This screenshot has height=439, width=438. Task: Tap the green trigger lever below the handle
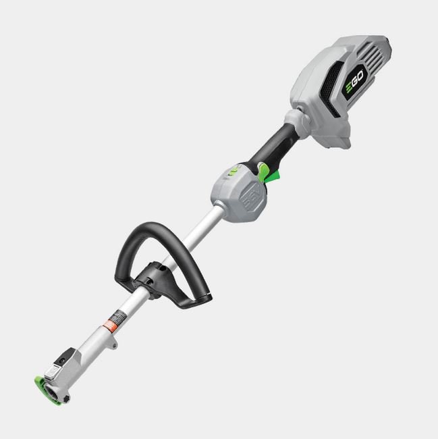(273, 176)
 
